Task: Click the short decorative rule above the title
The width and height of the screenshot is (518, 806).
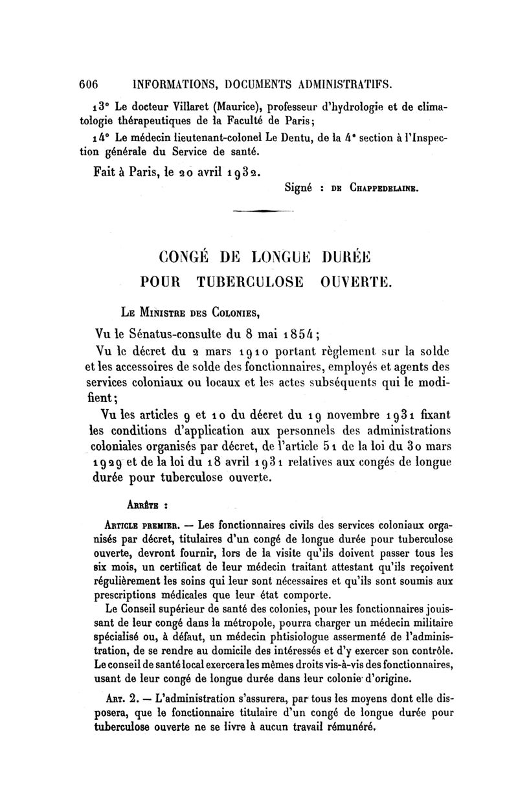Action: point(262,211)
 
